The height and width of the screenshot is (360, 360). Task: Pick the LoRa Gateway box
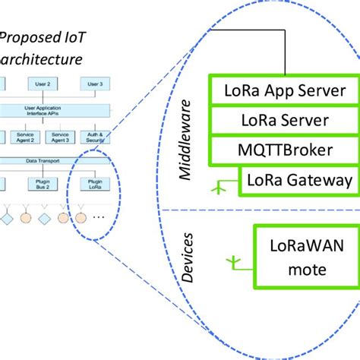288,180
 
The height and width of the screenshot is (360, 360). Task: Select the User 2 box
43,84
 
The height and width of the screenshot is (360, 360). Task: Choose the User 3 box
96,84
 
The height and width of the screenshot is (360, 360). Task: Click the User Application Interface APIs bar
53,110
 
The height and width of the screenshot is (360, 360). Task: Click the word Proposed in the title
29,35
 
